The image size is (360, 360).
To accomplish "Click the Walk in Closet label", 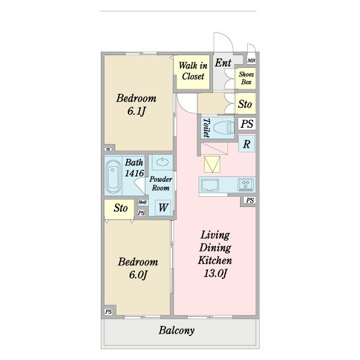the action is click(x=193, y=71).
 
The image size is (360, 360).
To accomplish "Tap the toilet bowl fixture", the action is click(x=224, y=128).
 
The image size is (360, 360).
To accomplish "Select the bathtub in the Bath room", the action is click(x=113, y=176).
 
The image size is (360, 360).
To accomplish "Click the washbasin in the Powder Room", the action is click(x=163, y=161).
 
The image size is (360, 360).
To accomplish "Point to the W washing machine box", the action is click(x=163, y=208).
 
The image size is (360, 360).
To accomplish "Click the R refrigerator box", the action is click(x=247, y=144).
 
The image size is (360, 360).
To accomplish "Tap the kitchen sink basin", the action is click(x=210, y=185).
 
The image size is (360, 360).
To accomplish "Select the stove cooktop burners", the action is click(x=246, y=184).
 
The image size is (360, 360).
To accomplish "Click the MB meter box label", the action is click(x=251, y=61).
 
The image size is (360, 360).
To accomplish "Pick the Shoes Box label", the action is click(x=246, y=78).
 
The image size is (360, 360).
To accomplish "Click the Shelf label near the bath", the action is click(x=143, y=202).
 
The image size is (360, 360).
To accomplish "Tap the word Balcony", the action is click(x=176, y=331).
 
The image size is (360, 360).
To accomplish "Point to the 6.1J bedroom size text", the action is click(x=137, y=112).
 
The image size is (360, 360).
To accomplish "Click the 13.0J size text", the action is click(x=215, y=273).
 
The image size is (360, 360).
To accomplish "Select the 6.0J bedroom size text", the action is click(x=138, y=275).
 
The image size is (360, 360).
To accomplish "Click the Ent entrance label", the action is click(x=223, y=62).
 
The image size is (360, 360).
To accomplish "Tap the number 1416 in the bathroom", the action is click(x=134, y=173).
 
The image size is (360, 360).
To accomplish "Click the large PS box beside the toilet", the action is click(x=247, y=124).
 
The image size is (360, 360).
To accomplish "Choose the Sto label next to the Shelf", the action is click(x=121, y=208).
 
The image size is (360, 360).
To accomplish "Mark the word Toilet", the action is click(x=206, y=128).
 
